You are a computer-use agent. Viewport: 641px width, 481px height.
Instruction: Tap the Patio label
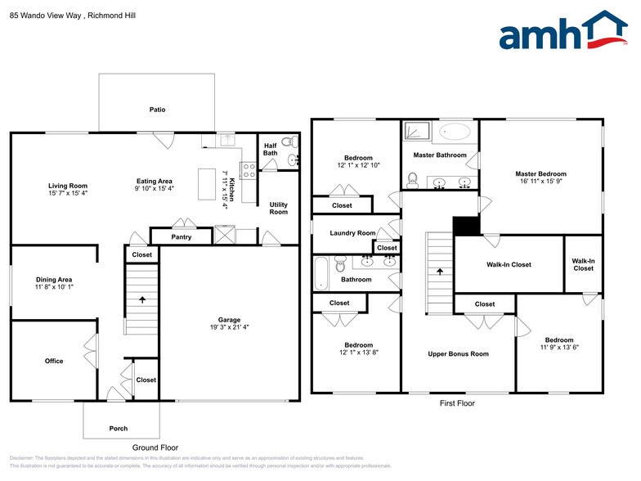(x=157, y=109)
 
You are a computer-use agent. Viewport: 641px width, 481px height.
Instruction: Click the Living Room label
(x=67, y=186)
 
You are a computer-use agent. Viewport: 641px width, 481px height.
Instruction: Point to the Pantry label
(x=182, y=237)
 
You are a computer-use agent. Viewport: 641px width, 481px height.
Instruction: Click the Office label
(x=54, y=361)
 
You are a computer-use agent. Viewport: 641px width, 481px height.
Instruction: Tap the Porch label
(x=119, y=429)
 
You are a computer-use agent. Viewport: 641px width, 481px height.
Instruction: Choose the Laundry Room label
(x=352, y=233)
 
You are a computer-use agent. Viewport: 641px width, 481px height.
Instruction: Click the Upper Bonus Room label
(x=458, y=354)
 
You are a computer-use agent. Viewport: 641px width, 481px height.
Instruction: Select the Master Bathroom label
(x=440, y=155)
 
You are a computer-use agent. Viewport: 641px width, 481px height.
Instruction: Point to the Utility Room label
(x=279, y=208)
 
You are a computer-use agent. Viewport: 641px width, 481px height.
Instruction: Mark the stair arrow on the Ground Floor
(x=143, y=300)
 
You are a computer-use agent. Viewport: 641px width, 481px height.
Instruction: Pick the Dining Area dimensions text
(x=54, y=288)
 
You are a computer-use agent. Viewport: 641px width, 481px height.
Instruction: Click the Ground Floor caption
(x=155, y=447)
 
